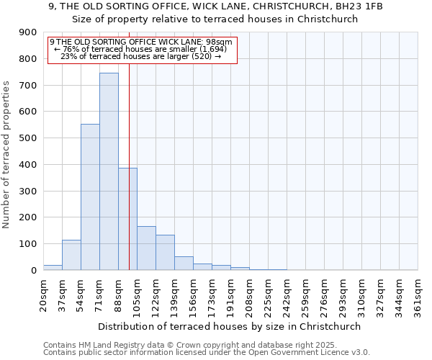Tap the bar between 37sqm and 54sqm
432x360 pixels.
click(71, 255)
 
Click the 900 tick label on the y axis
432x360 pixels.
click(28, 32)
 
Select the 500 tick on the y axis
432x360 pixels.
click(28, 138)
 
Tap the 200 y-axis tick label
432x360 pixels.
click(28, 217)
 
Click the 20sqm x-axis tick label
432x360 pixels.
click(43, 294)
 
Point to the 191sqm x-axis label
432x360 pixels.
click(230, 294)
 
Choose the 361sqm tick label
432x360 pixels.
click(418, 294)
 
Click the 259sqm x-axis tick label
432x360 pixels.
click(305, 294)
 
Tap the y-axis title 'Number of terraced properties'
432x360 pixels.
click(7, 155)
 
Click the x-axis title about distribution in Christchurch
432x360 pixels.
click(230, 326)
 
